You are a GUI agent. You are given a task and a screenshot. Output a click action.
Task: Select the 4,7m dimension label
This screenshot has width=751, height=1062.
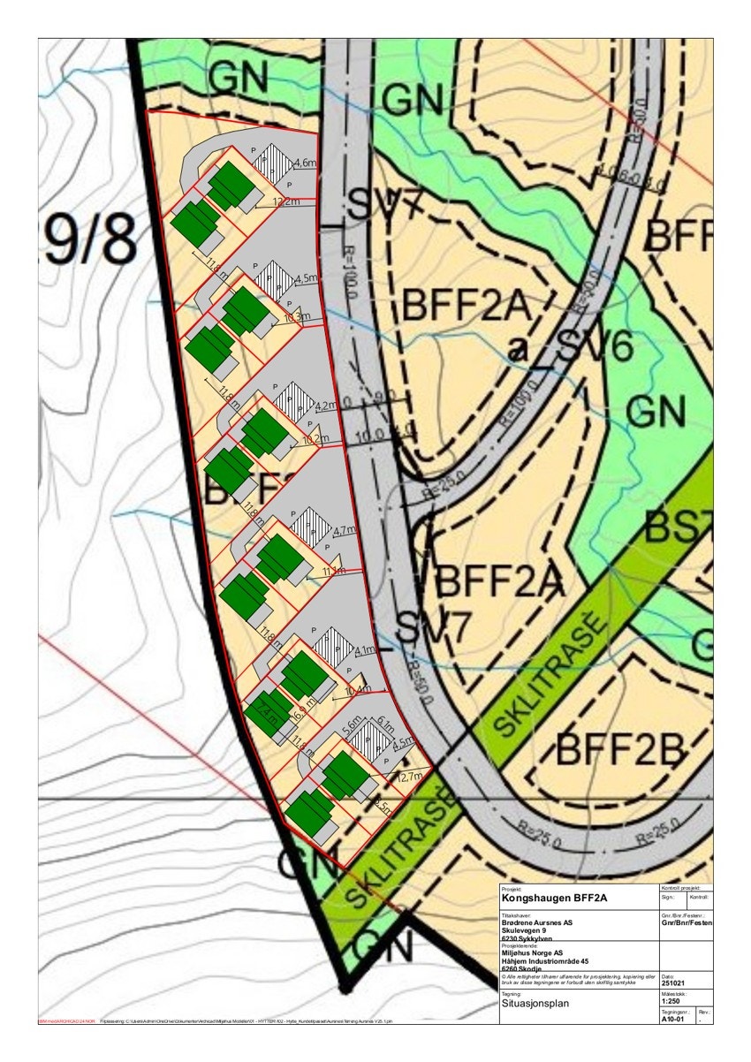click(x=344, y=532)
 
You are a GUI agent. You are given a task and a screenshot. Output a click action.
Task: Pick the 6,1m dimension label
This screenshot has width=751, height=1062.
click(x=385, y=722)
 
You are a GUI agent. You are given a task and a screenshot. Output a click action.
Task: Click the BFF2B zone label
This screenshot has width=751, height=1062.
click(x=622, y=752)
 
